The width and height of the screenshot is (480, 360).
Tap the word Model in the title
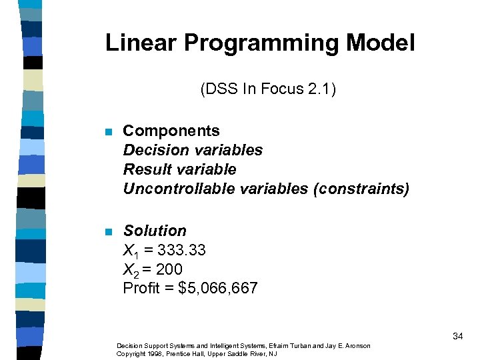click(380, 43)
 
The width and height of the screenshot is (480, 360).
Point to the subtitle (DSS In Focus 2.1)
click(267, 89)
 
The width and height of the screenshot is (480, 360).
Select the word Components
click(171, 131)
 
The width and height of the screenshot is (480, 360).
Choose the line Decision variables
click(193, 150)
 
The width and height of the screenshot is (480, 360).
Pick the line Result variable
click(179, 169)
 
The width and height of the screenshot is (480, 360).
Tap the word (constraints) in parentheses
click(361, 189)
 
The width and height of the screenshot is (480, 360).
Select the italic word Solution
click(155, 231)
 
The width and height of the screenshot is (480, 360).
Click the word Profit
click(142, 289)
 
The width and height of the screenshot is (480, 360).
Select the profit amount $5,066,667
click(218, 289)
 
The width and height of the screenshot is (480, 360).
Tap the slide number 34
click(457, 337)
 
